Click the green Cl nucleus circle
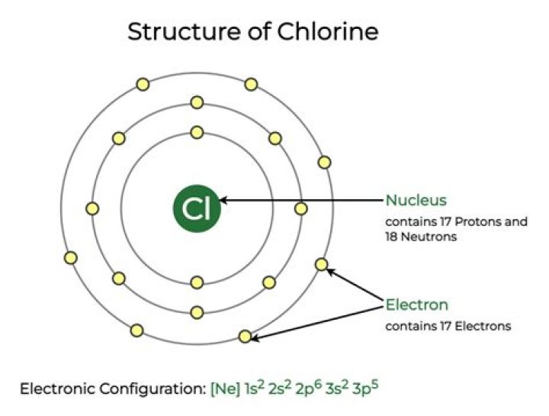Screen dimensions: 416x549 coord(197,208)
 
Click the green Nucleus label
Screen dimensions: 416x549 coord(416,200)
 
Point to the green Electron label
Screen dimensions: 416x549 coord(416,305)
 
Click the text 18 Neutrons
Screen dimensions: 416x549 coord(419,237)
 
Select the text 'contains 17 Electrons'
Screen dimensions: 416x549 coord(448,326)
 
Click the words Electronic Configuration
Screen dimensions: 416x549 coord(111,388)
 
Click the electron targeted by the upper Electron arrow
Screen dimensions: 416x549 coord(321,265)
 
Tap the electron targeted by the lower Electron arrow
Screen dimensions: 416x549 coord(245,336)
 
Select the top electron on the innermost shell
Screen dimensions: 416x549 coord(197,132)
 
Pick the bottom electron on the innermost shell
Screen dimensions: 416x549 coord(197,282)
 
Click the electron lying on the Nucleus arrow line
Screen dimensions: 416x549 coord(301,208)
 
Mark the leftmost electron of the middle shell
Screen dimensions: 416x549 coord(93,208)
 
